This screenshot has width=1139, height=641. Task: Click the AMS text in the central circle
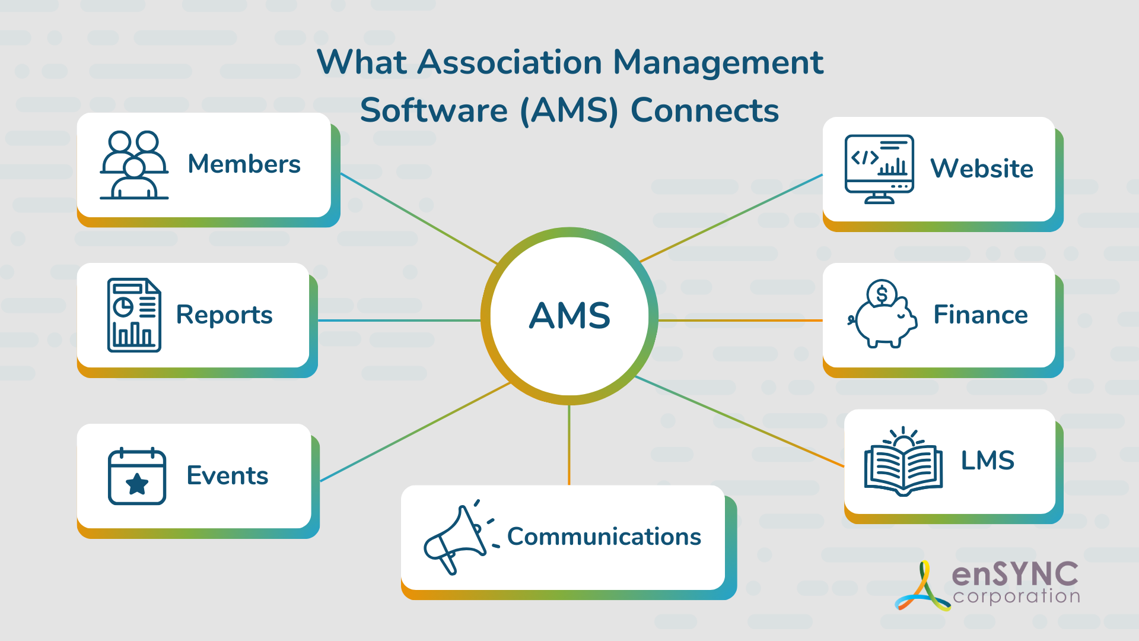tap(569, 315)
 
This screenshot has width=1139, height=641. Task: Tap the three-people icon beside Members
tap(134, 165)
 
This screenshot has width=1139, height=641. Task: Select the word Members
tap(244, 164)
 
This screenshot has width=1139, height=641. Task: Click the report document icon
tap(134, 315)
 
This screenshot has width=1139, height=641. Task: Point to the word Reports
tap(224, 315)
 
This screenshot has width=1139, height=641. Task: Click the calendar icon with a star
tap(137, 476)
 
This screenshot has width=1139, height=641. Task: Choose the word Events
tap(227, 475)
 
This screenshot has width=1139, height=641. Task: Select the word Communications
tap(604, 537)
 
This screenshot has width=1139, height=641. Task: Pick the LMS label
tap(987, 461)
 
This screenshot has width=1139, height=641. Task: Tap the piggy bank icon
tap(883, 315)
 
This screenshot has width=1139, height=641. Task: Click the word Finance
tap(980, 315)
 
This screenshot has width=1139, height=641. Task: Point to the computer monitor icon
tap(879, 169)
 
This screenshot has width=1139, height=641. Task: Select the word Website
tap(981, 169)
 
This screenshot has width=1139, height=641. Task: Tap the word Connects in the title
tap(704, 110)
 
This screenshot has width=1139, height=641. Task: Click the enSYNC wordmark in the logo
tap(1015, 574)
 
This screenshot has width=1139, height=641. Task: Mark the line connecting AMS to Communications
tap(569, 445)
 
